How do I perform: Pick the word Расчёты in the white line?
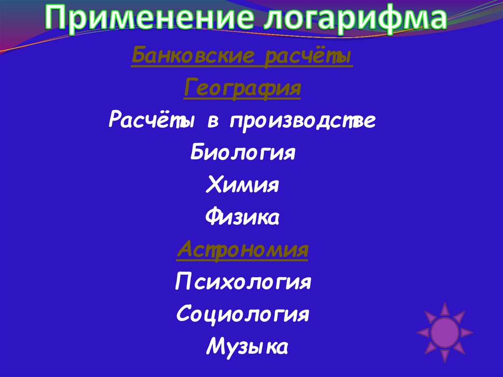tap(151, 121)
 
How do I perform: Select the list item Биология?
tap(243, 153)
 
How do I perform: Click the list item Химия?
tap(243, 185)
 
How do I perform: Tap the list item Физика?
tap(243, 218)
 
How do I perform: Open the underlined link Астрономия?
tap(242, 250)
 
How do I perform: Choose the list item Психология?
tap(243, 283)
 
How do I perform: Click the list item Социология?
tap(243, 314)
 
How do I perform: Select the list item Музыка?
tap(247, 346)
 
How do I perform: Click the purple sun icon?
tap(445, 332)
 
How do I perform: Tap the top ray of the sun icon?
tap(445, 309)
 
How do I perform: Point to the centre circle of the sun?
tap(445, 332)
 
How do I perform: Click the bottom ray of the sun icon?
tap(445, 356)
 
